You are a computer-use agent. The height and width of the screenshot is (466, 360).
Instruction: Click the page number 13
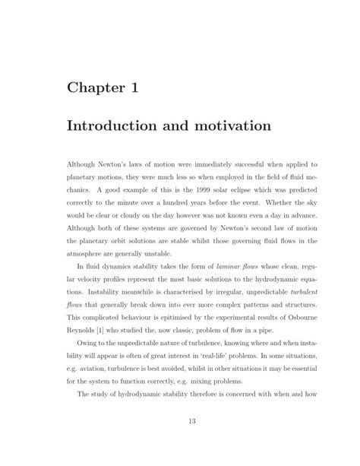[x=181, y=442]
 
